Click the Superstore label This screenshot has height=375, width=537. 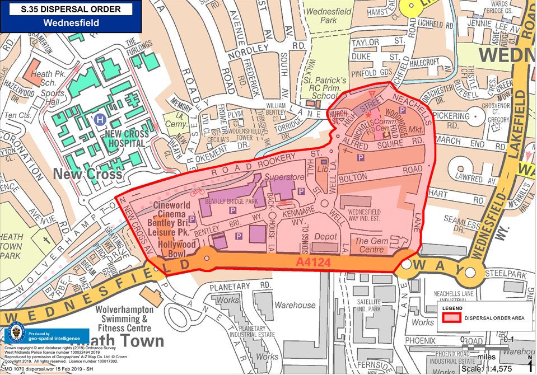[x=283, y=177]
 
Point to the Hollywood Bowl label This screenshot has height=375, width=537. [x=176, y=249]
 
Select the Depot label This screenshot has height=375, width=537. [x=325, y=237]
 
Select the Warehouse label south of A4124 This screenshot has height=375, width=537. [x=295, y=305]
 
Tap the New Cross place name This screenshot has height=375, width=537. [x=87, y=174]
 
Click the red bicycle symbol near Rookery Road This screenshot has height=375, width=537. [x=197, y=191]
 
